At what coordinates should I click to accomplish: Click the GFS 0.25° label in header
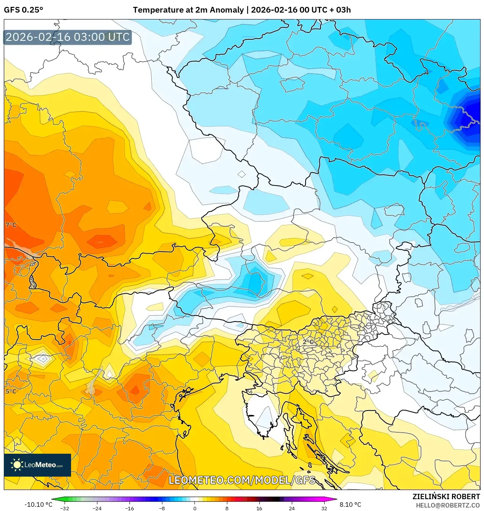coord(23,10)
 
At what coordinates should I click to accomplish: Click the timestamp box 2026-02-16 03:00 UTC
coord(68,37)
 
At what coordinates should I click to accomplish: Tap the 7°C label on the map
coord(11,225)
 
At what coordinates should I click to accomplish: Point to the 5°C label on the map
coord(11,391)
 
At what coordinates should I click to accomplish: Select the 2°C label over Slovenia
coord(308,342)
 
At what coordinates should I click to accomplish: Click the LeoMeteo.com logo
coord(37,465)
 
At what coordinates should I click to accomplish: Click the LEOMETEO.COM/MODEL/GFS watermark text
coord(242,480)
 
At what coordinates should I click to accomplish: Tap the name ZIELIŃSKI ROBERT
coord(446,496)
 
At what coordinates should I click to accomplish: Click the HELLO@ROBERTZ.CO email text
coord(448,505)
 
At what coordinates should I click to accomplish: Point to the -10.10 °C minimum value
coord(38,505)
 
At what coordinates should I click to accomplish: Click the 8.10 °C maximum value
coord(350,505)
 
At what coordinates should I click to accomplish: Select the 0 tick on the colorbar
coord(194,508)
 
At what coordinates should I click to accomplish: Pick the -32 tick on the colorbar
coord(65,508)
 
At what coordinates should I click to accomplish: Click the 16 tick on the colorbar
coord(259,508)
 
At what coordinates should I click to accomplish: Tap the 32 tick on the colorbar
coord(324,508)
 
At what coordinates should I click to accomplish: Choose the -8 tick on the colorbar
coord(162,508)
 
